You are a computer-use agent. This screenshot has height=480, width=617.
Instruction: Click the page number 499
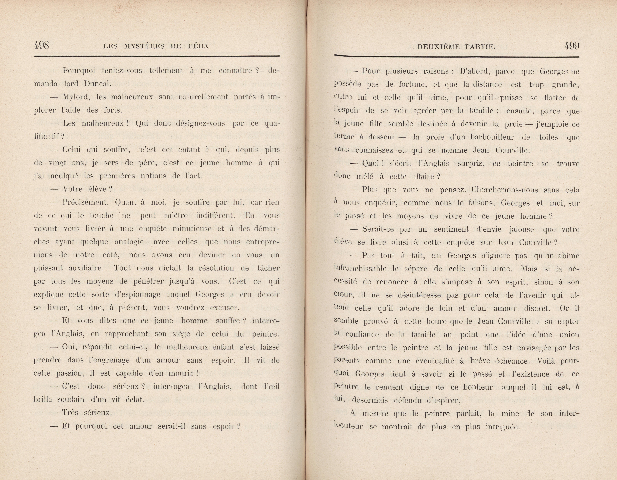point(571,46)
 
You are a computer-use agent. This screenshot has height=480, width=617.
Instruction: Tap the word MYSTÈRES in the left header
point(144,46)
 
